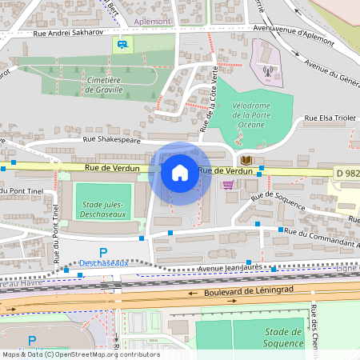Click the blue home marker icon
(x=180, y=172)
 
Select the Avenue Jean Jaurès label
(x=231, y=269)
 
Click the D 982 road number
(x=347, y=173)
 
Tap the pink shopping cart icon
(x=229, y=185)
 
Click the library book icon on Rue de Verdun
(x=247, y=161)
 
